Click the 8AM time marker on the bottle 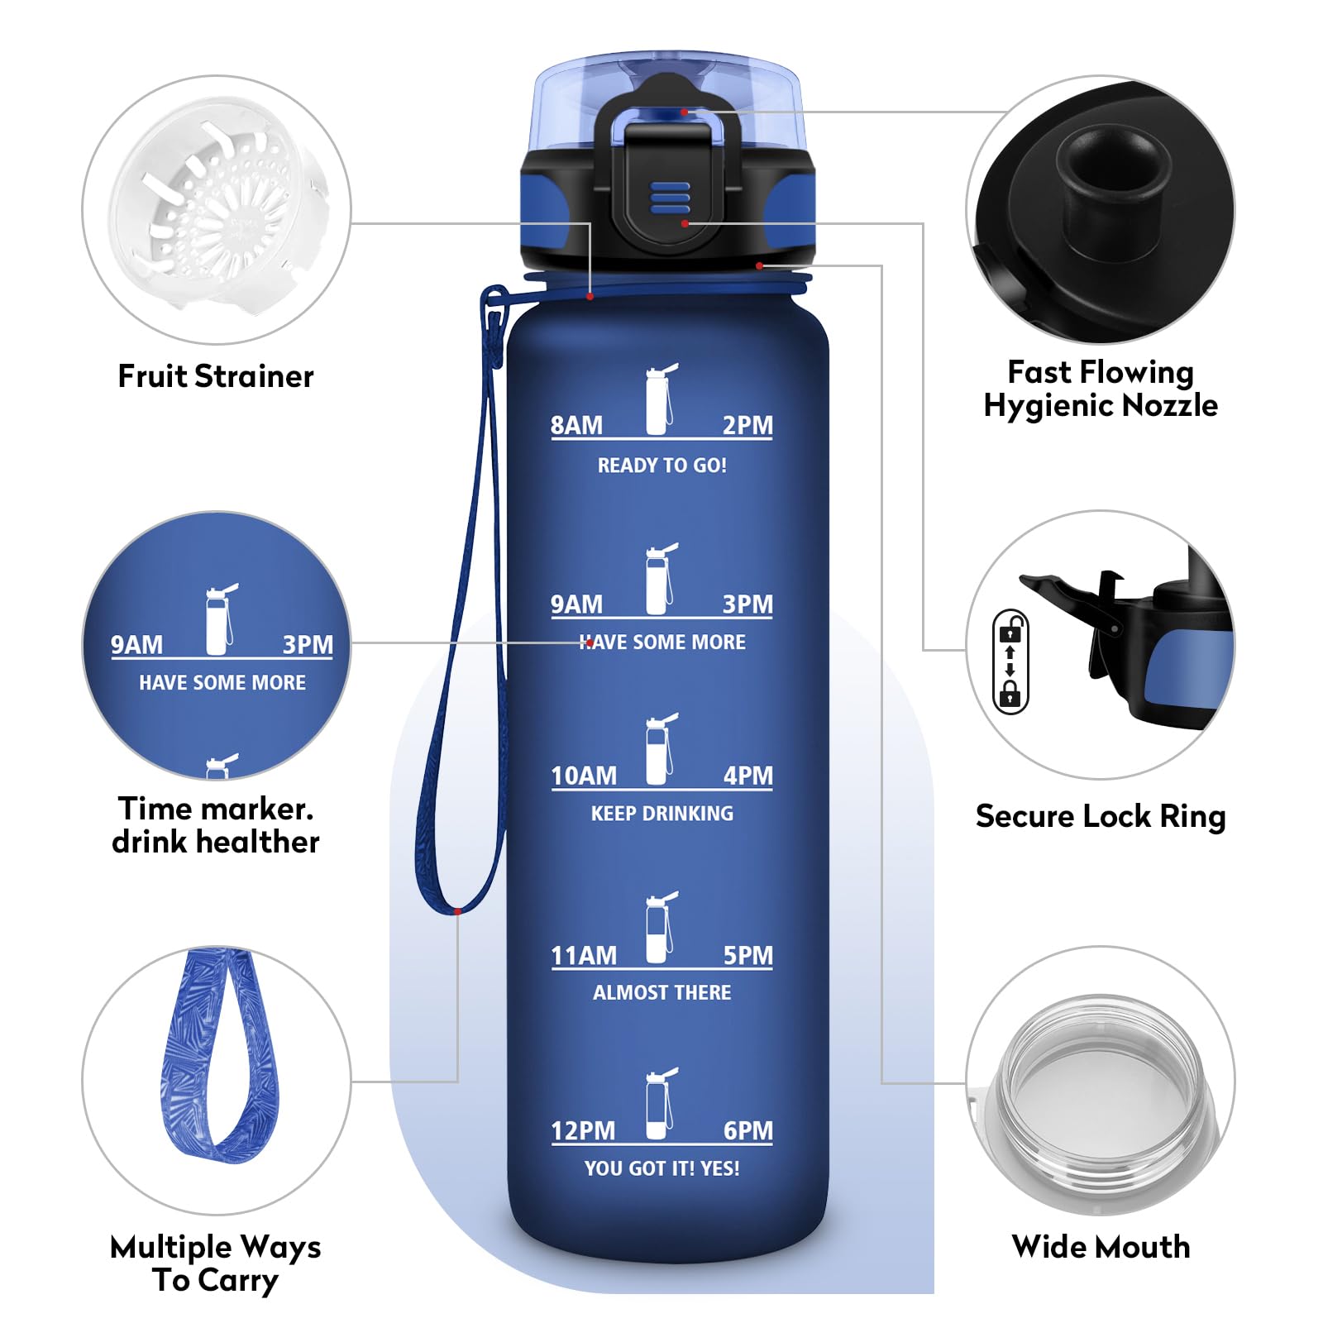click(x=576, y=425)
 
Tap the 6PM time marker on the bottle click(x=747, y=1130)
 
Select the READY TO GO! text click(x=661, y=466)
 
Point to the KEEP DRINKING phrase click(x=661, y=814)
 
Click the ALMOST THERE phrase click(x=661, y=992)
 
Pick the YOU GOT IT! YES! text click(x=661, y=1168)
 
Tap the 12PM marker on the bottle click(x=583, y=1130)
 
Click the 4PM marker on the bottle click(x=747, y=776)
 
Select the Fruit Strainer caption click(x=216, y=376)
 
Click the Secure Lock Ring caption click(x=1100, y=816)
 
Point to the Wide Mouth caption click(x=1100, y=1247)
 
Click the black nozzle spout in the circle click(x=1113, y=178)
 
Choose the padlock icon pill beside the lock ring click(x=1010, y=661)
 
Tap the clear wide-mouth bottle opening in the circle click(x=1100, y=1083)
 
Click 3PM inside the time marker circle click(x=308, y=644)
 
